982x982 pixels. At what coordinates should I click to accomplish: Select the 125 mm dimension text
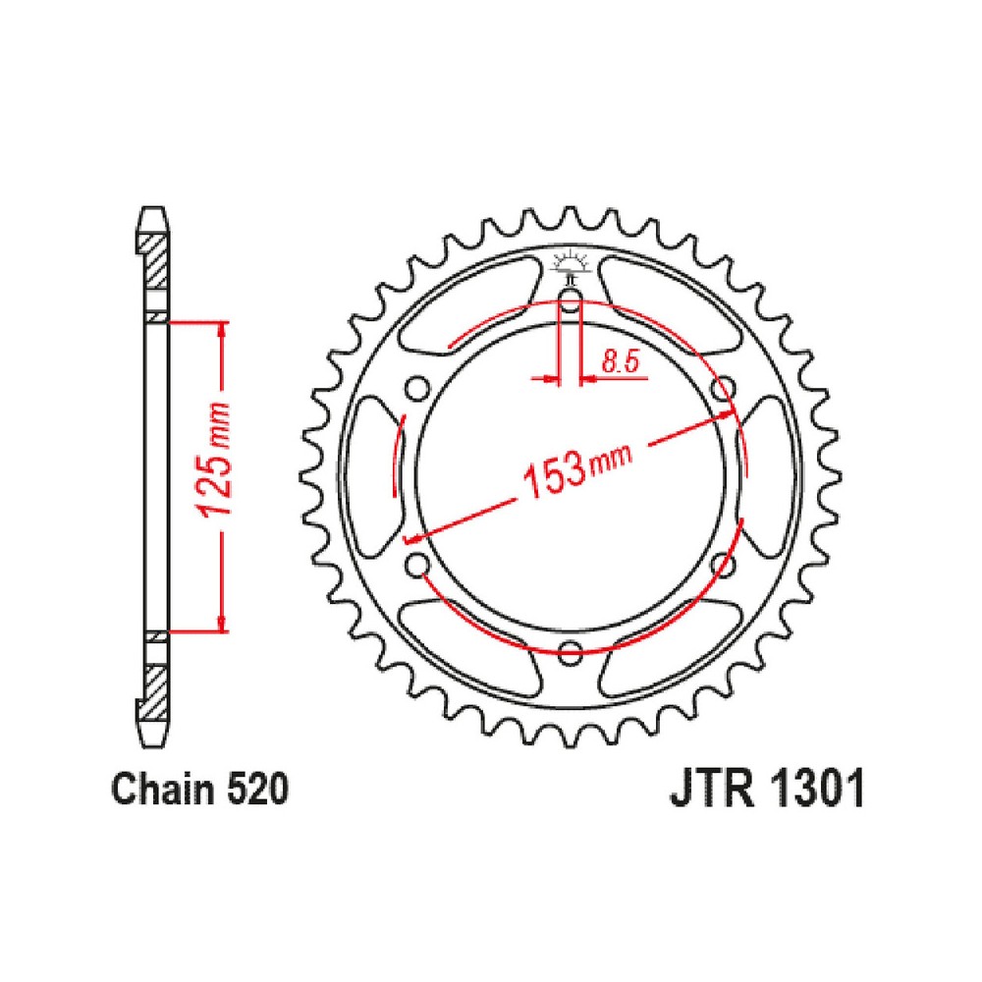pyautogui.click(x=215, y=459)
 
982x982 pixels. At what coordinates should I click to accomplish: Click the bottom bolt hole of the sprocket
pyautogui.click(x=570, y=652)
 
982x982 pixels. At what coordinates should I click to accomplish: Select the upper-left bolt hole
pyautogui.click(x=417, y=389)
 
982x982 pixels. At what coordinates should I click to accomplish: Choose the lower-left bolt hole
pyautogui.click(x=417, y=566)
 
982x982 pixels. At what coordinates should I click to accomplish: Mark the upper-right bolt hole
pyautogui.click(x=723, y=389)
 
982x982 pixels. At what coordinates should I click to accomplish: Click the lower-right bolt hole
pyautogui.click(x=723, y=566)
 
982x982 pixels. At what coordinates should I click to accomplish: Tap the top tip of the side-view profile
pyautogui.click(x=153, y=206)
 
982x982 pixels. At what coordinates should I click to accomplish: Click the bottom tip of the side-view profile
pyautogui.click(x=153, y=745)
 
